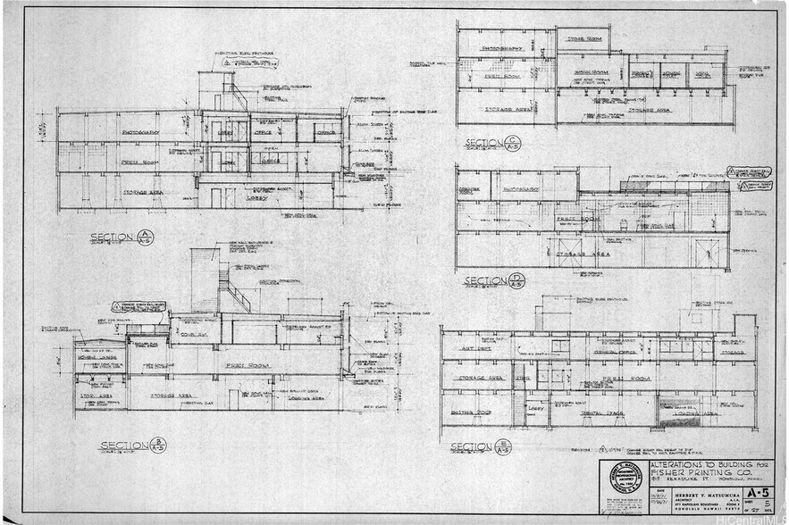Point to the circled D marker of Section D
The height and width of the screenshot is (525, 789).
point(517,282)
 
